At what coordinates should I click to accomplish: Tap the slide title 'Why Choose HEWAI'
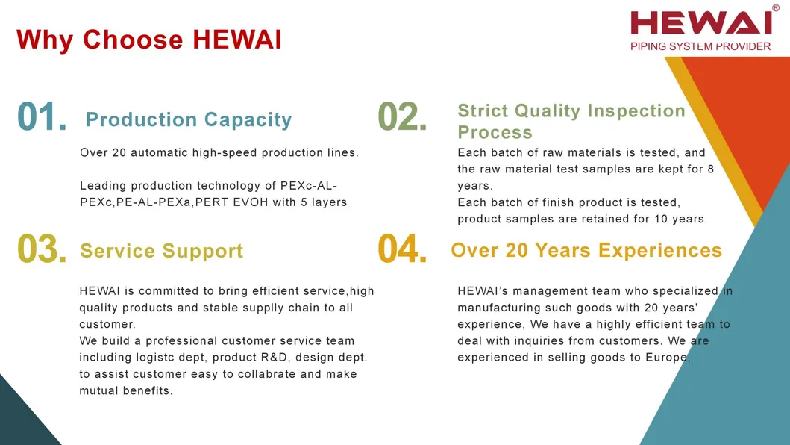pos(149,40)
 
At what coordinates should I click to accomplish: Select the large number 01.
pos(42,117)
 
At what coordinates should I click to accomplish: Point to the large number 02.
pos(402,117)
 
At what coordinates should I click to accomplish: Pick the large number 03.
pos(42,249)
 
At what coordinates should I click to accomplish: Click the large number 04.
pos(402,249)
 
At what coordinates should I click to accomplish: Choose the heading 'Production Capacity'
pos(189,119)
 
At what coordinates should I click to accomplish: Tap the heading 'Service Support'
pos(161,251)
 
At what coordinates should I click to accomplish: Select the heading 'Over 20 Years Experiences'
pos(586,250)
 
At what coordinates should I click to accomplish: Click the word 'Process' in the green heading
pos(495,132)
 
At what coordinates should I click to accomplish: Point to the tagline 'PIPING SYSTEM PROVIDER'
pos(700,46)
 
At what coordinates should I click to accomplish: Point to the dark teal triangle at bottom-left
pos(22,419)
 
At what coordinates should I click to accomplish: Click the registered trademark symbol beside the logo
pos(776,7)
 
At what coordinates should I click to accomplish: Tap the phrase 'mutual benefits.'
pos(126,391)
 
